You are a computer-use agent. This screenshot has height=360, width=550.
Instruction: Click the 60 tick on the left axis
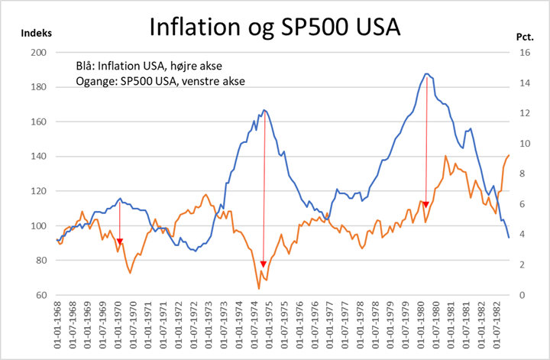[x=40, y=295]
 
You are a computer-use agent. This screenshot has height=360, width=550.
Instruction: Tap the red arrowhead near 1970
[x=119, y=242]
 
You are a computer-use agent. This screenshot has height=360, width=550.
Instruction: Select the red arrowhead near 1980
[x=425, y=205]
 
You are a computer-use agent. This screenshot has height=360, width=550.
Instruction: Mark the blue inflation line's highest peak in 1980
[x=426, y=73]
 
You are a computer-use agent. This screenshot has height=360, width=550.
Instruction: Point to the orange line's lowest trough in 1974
[x=258, y=288]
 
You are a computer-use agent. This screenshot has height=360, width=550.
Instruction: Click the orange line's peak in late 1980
[x=445, y=156]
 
